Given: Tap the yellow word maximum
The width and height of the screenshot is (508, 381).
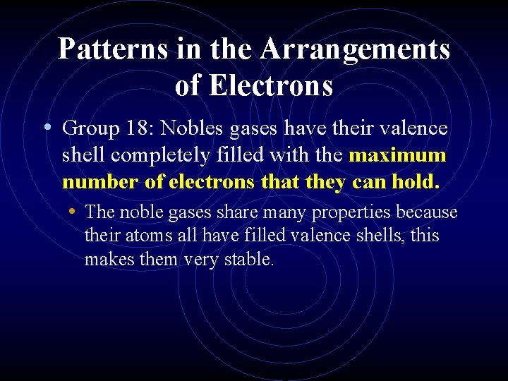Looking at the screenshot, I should [397, 155].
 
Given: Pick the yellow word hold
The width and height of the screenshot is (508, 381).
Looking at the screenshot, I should [417, 182].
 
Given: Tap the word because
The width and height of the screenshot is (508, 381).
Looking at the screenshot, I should [427, 212].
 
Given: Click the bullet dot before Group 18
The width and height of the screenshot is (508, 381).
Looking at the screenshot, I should [47, 128].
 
